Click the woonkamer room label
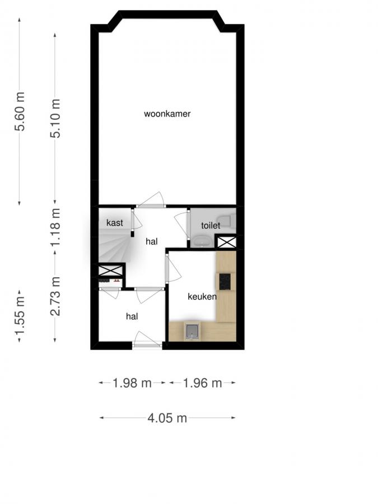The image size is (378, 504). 167,114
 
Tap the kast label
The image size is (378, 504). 115,223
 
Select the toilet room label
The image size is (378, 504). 211,225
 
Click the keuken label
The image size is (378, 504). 202,297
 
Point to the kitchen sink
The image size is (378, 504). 193,332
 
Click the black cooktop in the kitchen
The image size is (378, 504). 225,282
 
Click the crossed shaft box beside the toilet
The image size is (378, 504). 226,242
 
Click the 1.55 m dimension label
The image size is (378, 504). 20,323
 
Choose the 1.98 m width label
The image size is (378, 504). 132,384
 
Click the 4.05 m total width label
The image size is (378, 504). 167,418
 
